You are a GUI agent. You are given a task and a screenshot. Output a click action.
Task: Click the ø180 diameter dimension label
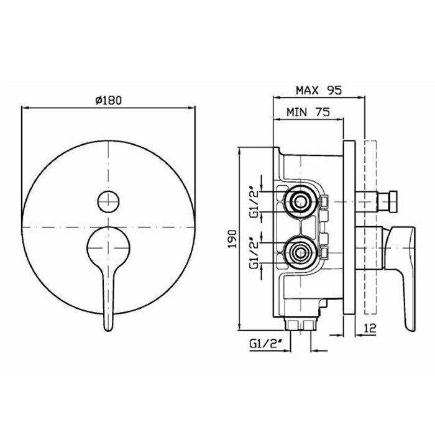tap(108, 100)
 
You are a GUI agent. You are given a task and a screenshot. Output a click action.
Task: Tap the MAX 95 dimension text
tap(319, 90)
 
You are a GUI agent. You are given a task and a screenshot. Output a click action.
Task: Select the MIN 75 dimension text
tap(308, 112)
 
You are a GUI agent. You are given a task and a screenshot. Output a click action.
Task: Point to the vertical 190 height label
tap(232, 239)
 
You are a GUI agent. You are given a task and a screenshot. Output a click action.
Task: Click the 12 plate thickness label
tap(370, 328)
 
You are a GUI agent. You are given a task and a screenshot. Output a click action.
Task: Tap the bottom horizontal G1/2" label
tap(265, 344)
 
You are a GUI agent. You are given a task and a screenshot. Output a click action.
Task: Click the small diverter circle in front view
tap(108, 202)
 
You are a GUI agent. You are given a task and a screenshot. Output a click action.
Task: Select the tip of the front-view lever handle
tap(108, 330)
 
